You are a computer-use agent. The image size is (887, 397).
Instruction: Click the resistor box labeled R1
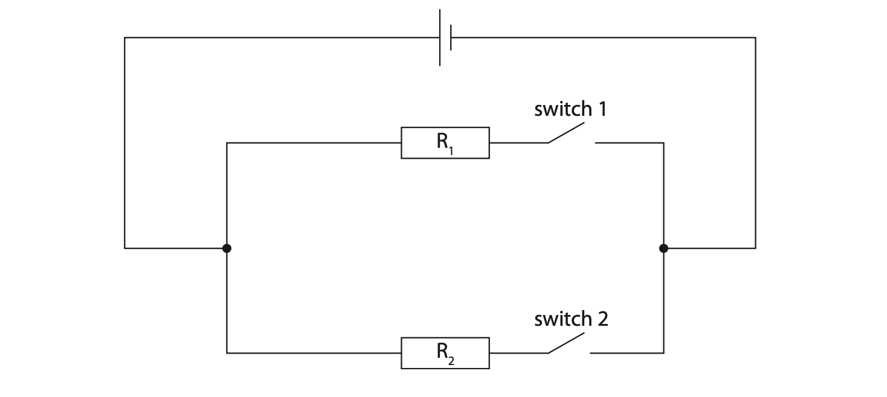coord(445,143)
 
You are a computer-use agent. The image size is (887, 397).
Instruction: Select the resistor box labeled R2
coord(445,353)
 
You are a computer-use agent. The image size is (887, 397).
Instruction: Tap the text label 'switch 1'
coord(570,109)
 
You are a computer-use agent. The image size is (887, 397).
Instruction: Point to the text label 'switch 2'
coord(570,319)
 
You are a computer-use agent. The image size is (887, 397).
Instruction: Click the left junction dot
coord(227,248)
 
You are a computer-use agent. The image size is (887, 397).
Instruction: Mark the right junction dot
coord(663,248)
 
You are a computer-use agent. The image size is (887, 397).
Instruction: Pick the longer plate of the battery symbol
coord(440,37)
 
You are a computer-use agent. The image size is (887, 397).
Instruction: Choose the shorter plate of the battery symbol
coord(451,37)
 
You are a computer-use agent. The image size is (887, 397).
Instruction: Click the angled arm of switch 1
coord(566,133)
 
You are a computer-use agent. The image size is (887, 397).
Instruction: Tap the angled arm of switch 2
coord(566,343)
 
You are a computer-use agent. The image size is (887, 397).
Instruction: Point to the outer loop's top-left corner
coord(125,38)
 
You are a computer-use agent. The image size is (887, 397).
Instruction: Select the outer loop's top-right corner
coord(755,38)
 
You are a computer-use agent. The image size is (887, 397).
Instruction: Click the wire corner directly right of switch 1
coord(663,143)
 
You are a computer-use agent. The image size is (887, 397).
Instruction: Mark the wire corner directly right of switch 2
coord(663,353)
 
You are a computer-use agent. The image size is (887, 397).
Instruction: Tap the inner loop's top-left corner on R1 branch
coord(227,143)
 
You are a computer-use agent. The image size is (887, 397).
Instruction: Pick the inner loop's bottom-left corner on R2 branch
coord(227,353)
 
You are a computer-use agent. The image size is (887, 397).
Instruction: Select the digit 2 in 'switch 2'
coord(602,319)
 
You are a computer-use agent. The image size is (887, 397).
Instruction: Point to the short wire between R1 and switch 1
coord(518,143)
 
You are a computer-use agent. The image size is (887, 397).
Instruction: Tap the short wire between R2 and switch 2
coord(518,353)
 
